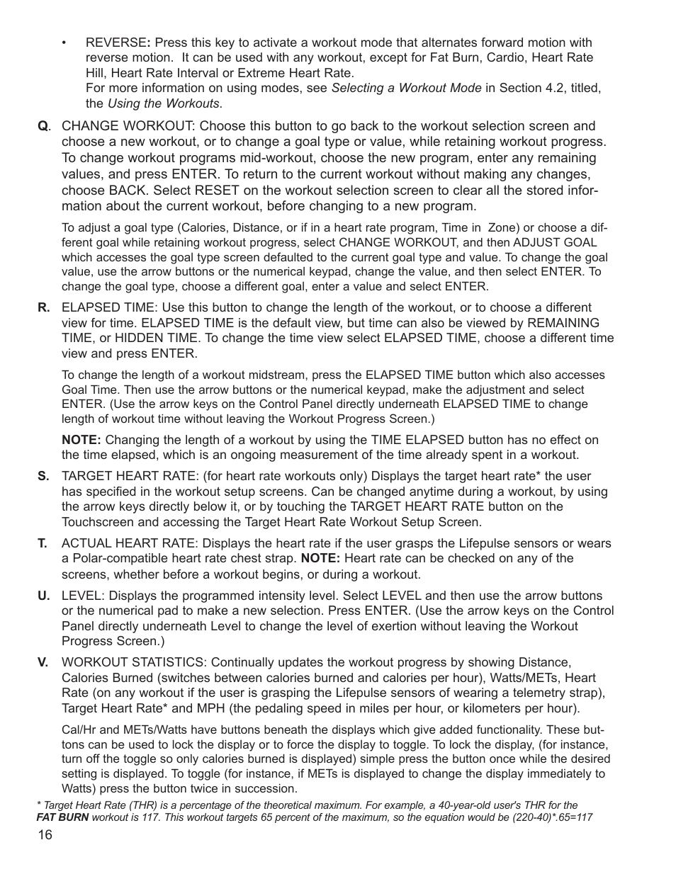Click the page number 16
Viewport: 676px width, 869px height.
pos(45,835)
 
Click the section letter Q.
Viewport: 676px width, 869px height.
pos(43,127)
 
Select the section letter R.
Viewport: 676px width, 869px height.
pos(44,307)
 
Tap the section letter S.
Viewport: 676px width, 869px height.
pos(44,476)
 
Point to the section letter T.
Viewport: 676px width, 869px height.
pos(43,543)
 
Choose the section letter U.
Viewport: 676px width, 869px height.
pos(44,595)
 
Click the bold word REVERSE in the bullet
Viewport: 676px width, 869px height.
pos(118,42)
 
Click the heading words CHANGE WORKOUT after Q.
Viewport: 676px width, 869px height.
pos(127,127)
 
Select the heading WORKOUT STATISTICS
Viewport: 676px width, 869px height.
pos(134,662)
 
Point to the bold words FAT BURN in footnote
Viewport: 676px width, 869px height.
pos(62,817)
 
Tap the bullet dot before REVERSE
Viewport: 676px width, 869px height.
pos(64,42)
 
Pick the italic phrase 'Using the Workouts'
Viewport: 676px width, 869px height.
pos(163,104)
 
